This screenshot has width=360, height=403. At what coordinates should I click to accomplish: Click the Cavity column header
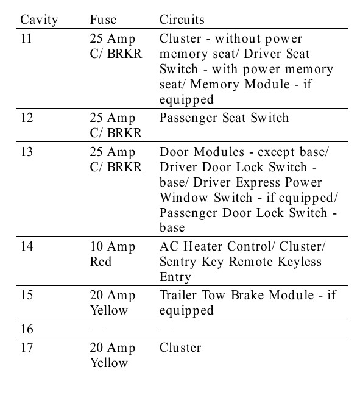(x=39, y=20)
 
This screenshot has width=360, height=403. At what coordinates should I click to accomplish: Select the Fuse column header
(x=103, y=20)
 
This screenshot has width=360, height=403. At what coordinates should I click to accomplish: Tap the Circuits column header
(x=182, y=20)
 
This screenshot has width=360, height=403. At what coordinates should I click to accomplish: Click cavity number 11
(x=26, y=38)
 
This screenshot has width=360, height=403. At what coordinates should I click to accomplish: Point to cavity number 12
(x=27, y=118)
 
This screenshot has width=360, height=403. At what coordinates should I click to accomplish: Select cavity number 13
(x=27, y=152)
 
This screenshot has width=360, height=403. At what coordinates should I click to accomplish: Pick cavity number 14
(x=27, y=246)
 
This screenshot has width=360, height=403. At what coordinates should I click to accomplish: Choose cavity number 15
(x=27, y=295)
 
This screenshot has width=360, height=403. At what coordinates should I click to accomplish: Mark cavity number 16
(x=27, y=329)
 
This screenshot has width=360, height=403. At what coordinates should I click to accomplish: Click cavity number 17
(x=27, y=348)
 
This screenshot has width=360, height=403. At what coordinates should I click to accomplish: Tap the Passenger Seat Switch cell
(x=224, y=118)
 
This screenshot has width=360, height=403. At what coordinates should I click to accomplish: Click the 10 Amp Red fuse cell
(x=113, y=254)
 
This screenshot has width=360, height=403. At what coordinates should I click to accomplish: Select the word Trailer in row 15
(x=178, y=295)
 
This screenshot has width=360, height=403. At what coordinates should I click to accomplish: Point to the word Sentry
(x=178, y=262)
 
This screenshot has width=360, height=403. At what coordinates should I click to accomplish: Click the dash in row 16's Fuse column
(x=96, y=329)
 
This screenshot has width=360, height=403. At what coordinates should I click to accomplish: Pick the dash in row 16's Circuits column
(x=166, y=329)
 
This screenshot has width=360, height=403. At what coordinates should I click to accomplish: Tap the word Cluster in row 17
(x=180, y=348)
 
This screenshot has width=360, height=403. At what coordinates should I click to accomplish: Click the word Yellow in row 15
(x=109, y=310)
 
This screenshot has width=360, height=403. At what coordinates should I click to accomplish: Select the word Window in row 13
(x=184, y=198)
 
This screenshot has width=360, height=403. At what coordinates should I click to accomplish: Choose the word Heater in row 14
(x=203, y=246)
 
